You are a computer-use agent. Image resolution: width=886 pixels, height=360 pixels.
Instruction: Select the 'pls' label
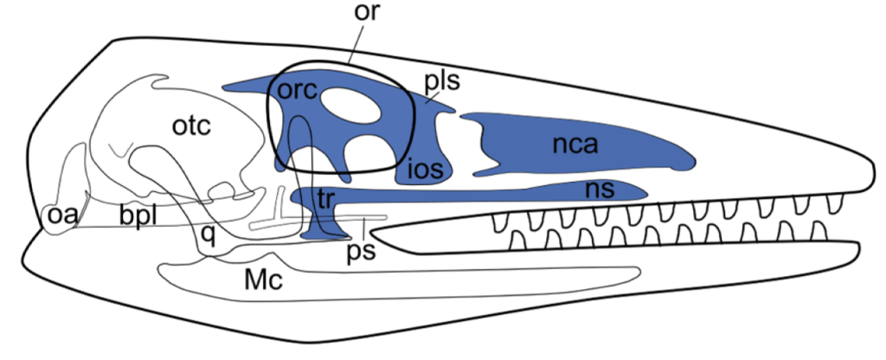click(x=441, y=81)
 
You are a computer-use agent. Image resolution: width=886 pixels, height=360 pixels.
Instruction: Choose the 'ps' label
click(x=360, y=253)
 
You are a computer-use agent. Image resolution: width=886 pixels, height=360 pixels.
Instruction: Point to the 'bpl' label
click(x=138, y=216)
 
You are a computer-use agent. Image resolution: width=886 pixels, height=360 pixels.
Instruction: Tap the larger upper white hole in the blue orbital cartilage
click(x=350, y=111)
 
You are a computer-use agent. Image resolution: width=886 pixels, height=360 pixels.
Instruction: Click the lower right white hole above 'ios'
click(x=369, y=154)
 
